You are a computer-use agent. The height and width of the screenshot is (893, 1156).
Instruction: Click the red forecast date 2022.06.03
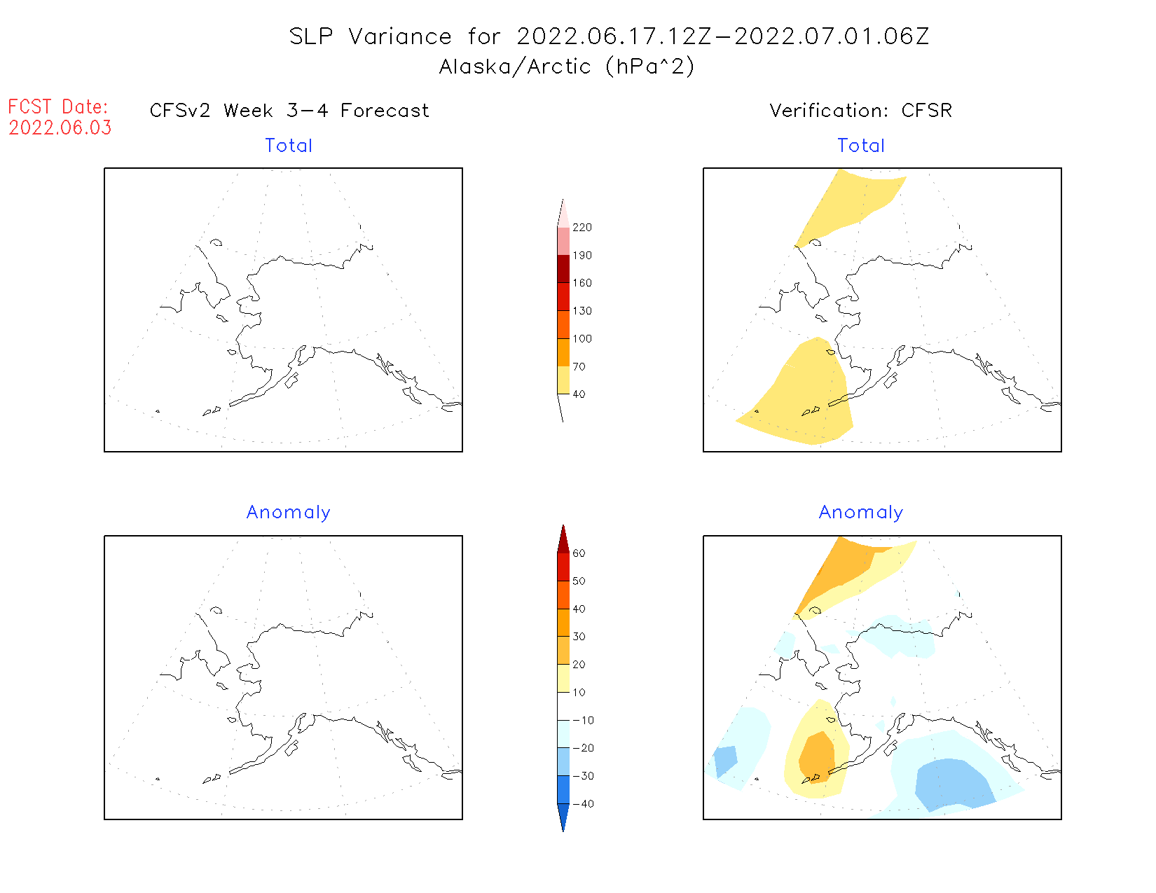click(x=60, y=128)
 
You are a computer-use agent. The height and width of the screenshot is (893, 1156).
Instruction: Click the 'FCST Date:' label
click(x=58, y=107)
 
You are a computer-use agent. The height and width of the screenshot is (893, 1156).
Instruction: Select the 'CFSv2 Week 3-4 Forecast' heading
click(x=289, y=111)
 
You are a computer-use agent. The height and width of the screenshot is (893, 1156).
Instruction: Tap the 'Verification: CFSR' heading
click(x=860, y=111)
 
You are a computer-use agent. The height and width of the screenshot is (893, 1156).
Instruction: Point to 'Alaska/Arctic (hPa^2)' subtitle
click(x=567, y=67)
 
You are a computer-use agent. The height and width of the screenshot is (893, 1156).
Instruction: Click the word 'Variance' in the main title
click(x=400, y=36)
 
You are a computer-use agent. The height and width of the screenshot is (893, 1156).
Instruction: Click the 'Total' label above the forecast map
click(x=289, y=146)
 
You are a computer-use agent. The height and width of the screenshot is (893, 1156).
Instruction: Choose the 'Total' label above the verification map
click(x=861, y=146)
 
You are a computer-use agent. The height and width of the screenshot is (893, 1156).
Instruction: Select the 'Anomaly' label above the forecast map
click(x=288, y=513)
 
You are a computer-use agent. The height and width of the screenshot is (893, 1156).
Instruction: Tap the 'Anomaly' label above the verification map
click(x=861, y=513)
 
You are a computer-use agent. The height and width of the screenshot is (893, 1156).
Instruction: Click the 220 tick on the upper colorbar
click(x=582, y=228)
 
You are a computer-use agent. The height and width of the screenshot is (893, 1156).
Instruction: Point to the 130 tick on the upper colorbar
click(x=582, y=311)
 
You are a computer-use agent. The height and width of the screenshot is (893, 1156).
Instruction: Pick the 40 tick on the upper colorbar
click(x=579, y=394)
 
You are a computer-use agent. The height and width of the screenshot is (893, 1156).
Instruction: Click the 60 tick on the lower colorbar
click(x=579, y=553)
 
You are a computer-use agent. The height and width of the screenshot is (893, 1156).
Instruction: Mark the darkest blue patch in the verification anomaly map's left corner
click(x=725, y=760)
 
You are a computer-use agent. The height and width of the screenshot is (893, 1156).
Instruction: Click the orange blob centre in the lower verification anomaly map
click(x=817, y=756)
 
